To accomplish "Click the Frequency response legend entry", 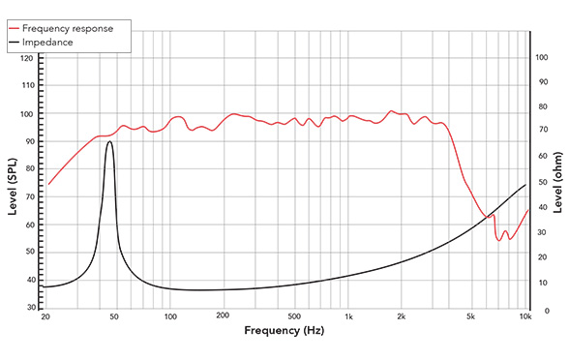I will pyautogui.click(x=73, y=28).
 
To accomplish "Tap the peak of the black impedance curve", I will pyautogui.click(x=109, y=141).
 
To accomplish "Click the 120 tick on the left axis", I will pyautogui.click(x=27, y=59).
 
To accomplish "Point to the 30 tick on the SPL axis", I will pyautogui.click(x=30, y=307).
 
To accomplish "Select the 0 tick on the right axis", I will pyautogui.click(x=537, y=311).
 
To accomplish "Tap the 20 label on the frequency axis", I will pyautogui.click(x=45, y=317).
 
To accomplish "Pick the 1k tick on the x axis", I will pyautogui.click(x=348, y=317).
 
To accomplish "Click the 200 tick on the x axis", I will pyautogui.click(x=223, y=317).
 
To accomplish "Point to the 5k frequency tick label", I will pyautogui.click(x=471, y=317).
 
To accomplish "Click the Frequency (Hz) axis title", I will pyautogui.click(x=284, y=332).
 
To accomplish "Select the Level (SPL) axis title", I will pyautogui.click(x=13, y=183).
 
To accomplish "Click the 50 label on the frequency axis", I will pyautogui.click(x=115, y=317).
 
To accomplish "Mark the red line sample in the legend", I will pyautogui.click(x=18, y=28).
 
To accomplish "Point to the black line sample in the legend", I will pyautogui.click(x=18, y=42).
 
